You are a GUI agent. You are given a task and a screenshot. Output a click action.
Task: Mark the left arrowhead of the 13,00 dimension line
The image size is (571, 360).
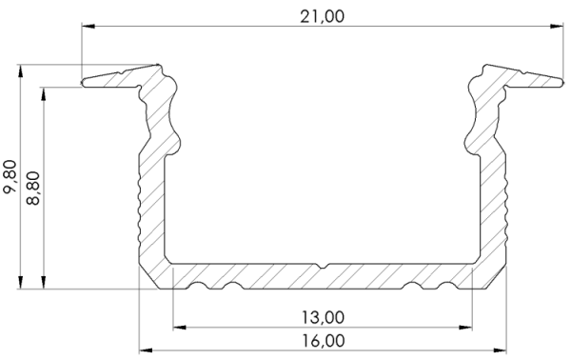tap(178, 330)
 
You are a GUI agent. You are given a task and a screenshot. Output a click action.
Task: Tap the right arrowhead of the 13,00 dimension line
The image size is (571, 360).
tap(469, 330)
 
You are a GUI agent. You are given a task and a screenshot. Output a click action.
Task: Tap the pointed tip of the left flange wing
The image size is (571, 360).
tap(84, 82)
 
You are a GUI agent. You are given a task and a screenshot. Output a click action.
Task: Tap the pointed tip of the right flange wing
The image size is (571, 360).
tap(562, 82)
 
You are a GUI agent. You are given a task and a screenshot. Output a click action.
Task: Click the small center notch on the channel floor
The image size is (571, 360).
tap(325, 264)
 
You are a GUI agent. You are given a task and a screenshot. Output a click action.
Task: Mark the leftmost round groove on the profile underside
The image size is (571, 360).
tap(198, 285)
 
